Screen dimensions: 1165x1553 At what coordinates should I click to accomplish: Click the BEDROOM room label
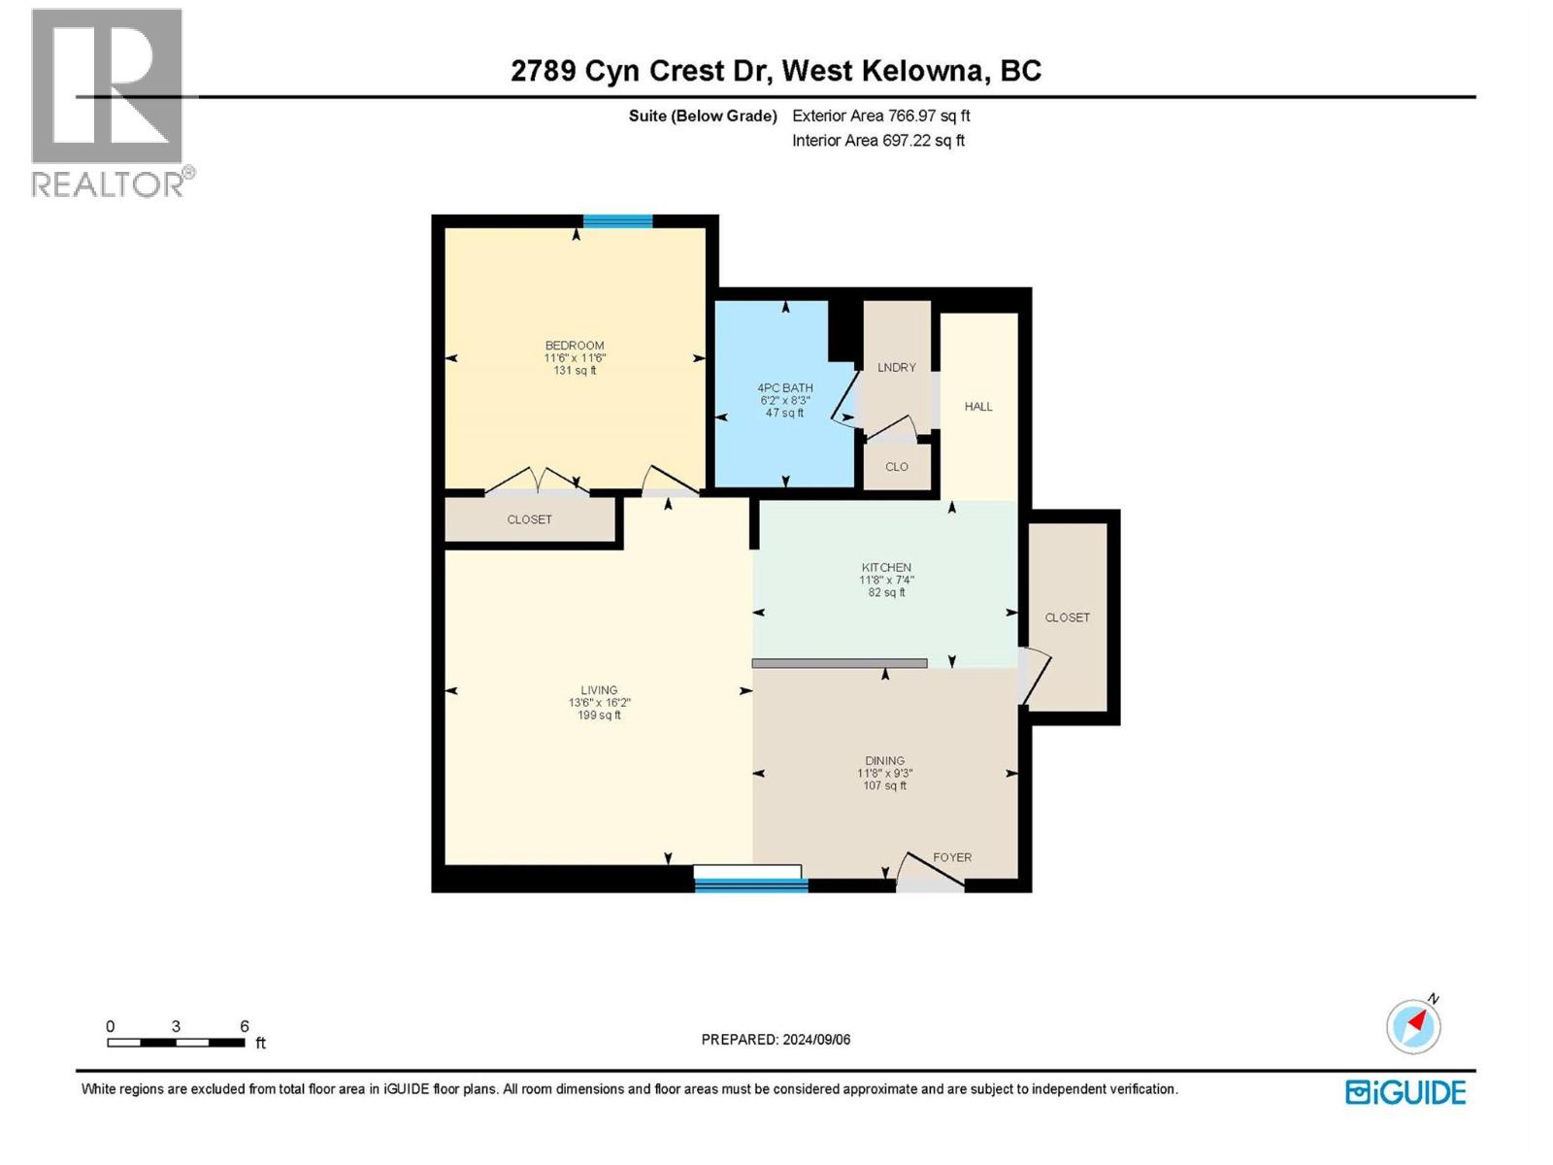click(x=575, y=346)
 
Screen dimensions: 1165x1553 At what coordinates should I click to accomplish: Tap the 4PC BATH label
click(x=785, y=387)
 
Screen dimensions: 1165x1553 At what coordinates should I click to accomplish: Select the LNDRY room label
click(x=896, y=367)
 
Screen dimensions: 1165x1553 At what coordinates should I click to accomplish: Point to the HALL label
click(x=978, y=407)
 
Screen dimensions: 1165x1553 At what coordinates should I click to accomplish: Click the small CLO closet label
click(x=897, y=467)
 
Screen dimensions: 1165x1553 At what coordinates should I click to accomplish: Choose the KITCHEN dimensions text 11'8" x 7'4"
click(x=886, y=580)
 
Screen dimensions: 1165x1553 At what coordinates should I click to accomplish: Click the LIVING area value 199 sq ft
click(x=599, y=716)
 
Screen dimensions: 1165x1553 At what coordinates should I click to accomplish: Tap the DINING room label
click(x=884, y=761)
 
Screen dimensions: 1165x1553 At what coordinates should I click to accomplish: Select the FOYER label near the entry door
click(x=952, y=857)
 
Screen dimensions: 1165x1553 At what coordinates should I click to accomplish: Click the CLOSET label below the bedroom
click(x=529, y=519)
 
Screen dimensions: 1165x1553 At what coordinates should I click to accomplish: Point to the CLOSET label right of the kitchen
click(x=1067, y=617)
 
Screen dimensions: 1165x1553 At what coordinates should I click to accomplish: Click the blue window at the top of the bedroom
click(x=617, y=220)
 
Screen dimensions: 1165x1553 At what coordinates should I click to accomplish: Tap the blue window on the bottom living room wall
click(x=751, y=884)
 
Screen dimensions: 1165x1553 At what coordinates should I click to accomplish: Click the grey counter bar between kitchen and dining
click(x=840, y=663)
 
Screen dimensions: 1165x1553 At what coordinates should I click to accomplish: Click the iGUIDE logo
click(x=1405, y=1092)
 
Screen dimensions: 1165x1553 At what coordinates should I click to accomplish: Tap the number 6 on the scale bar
click(x=245, y=1026)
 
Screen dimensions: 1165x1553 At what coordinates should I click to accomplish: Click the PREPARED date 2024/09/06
click(x=814, y=1040)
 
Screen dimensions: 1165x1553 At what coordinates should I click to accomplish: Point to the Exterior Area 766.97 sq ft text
click(x=880, y=116)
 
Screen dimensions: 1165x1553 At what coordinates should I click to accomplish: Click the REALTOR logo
click(x=109, y=102)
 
